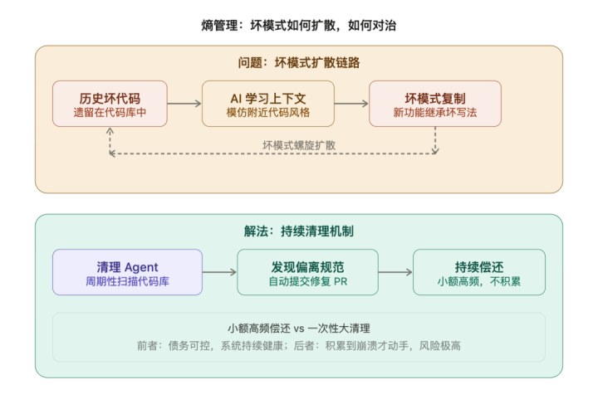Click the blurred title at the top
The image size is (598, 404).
point(299,25)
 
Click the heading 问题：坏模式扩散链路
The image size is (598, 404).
point(299,63)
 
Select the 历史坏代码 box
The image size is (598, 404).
point(110,104)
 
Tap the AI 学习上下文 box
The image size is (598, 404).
point(268,104)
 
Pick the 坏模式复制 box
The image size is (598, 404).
point(435,104)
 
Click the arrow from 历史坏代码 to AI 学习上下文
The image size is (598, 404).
point(184,104)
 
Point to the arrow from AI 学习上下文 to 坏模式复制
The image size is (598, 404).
point(351,104)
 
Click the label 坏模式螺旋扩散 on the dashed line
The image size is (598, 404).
point(299,144)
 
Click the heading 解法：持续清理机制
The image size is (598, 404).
point(299,231)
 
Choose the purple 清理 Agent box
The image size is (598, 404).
point(127,272)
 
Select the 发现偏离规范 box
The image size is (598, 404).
point(306,272)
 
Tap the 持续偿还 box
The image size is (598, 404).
point(479,272)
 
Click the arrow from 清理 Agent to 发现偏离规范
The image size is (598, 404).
point(219,272)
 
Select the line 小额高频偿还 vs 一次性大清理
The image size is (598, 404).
point(299,328)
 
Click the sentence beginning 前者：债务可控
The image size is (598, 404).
point(299,345)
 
